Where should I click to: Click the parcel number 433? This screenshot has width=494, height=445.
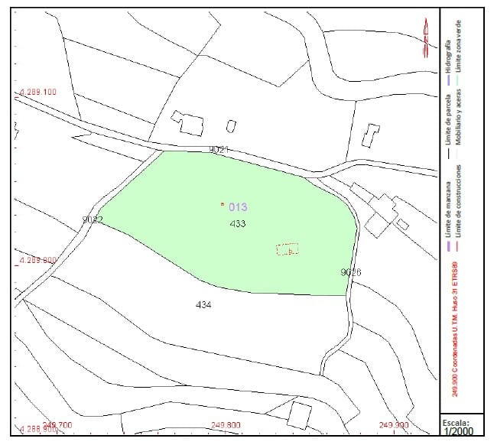point(237,224)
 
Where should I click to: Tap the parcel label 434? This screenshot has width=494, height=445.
point(203,304)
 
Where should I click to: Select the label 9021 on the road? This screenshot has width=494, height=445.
point(219,150)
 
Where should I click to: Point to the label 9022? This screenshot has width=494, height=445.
point(93,220)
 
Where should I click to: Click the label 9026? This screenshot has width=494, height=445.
point(350,272)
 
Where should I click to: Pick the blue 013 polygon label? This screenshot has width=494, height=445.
point(238,206)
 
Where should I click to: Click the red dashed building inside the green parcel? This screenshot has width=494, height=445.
point(287,249)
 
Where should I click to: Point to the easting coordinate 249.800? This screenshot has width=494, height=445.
point(225,425)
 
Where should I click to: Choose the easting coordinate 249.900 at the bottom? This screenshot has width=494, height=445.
point(393,425)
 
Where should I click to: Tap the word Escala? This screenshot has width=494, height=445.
point(457,421)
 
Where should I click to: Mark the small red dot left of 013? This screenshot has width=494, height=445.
point(222,204)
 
